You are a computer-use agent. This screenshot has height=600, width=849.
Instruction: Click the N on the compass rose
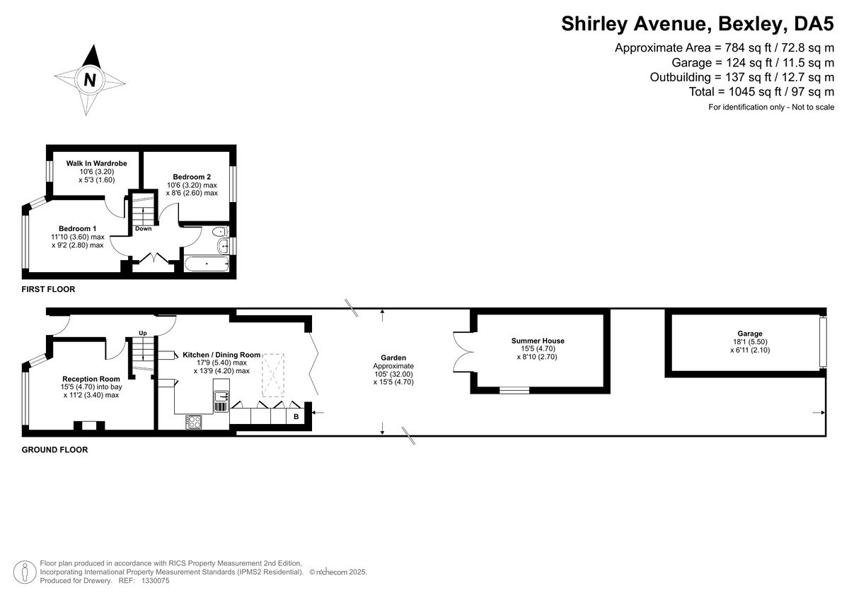pos(90,80)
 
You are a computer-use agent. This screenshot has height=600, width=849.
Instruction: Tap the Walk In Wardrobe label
pos(96,163)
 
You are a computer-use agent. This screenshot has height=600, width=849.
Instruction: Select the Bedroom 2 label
pos(192,177)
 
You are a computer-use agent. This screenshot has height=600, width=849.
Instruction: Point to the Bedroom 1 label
pos(77,229)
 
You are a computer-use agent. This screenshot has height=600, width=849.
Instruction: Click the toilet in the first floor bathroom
pos(220,231)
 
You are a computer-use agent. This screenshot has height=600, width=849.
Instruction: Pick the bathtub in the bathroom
pos(207,264)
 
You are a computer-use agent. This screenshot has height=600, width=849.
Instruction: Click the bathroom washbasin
pos(224,246)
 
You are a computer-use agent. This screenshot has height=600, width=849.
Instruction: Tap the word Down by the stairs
pos(143,229)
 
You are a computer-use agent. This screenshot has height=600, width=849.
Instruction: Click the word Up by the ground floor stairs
pos(142,333)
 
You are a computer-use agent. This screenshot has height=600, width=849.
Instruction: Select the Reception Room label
pos(91,379)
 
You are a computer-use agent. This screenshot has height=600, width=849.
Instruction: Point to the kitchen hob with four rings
pos(194,422)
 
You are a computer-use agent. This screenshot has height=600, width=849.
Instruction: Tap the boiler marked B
pos(296,417)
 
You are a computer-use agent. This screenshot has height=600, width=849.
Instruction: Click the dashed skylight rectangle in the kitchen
pos(273,375)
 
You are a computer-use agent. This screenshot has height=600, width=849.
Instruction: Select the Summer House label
pos(538,341)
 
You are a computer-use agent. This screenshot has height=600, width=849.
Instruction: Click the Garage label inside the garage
pos(750,334)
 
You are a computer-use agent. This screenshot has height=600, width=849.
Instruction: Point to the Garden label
pos(393,358)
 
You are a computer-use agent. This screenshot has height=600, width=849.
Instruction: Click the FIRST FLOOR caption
pos(48,289)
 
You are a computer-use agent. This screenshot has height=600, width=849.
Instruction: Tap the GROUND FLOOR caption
pos(54,449)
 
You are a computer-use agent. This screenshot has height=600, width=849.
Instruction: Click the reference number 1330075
pos(156,581)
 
